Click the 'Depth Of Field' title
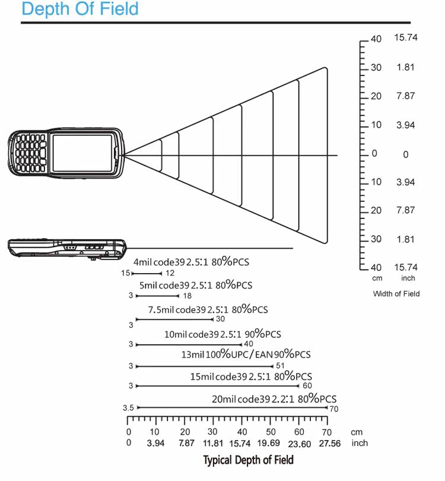(x=80, y=10)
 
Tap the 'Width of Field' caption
(x=396, y=293)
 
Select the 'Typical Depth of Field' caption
(x=248, y=460)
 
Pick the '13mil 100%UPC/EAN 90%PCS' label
(x=246, y=355)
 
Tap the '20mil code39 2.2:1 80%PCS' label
(x=274, y=398)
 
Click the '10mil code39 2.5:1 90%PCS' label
(x=223, y=334)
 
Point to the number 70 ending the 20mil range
(x=333, y=409)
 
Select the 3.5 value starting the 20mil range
(x=128, y=408)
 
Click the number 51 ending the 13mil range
(x=281, y=365)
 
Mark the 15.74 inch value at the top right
(x=406, y=37)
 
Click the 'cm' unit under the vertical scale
(x=377, y=278)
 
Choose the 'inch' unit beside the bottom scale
(x=360, y=443)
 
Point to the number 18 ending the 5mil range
(x=187, y=296)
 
